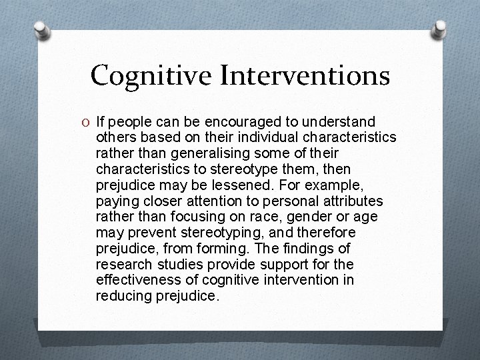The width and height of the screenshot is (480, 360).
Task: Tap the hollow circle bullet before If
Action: click(87, 123)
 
